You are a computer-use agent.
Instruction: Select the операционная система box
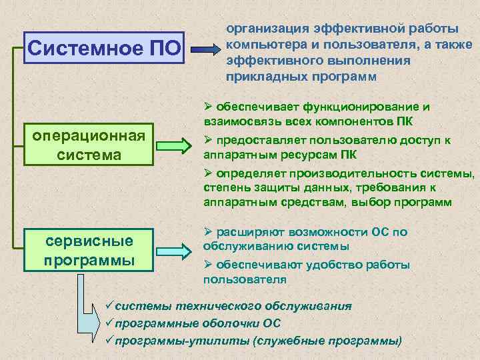pos(89,145)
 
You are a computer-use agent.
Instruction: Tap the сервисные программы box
pos(89,249)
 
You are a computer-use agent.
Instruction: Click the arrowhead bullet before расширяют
pos(207,231)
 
